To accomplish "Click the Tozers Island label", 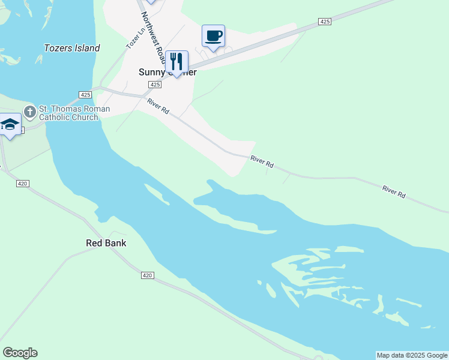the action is pos(72,48).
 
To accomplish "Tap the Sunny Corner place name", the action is pos(167,72).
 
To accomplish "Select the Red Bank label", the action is pos(106,243).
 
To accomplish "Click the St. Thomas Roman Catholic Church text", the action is pos(74,113).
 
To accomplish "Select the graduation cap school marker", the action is pos(10,124).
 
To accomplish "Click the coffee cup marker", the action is pos(213,36).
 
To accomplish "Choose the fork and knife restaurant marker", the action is pos(176,61).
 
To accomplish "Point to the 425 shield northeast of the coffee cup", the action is pos(325,22).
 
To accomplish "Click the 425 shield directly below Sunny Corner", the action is pos(155,85).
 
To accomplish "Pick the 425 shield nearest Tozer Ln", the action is pos(85,95).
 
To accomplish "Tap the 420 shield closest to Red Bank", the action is pos(148,275).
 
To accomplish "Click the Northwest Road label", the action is pos(153,38).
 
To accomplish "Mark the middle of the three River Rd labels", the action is pos(262,161).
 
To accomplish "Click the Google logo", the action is pos(20,353).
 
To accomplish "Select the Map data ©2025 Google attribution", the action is pos(412,355).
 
